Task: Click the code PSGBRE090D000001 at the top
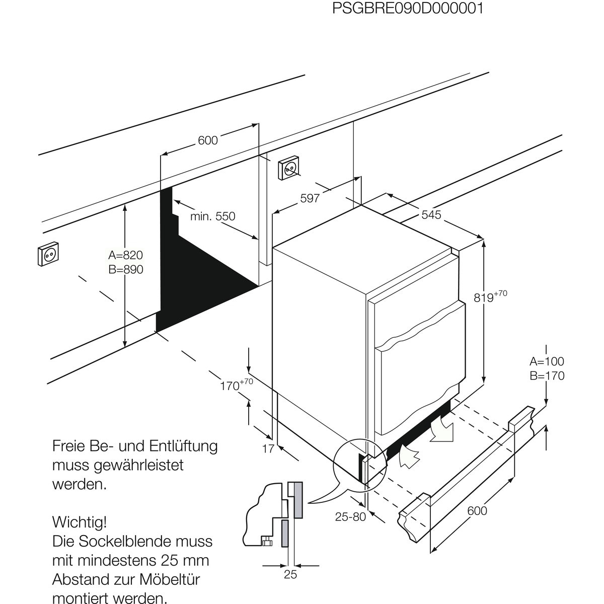coord(408,9)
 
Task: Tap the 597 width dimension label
coord(310,198)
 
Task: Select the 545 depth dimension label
coord(431,215)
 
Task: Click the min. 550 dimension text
coord(212,216)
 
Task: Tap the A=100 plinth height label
coord(547,361)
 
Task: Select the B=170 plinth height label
coord(547,376)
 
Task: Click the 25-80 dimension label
coord(350,517)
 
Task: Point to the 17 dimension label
coord(268,448)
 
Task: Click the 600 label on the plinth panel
coord(477,510)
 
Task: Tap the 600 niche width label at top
coord(207,140)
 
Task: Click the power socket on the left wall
coord(48,255)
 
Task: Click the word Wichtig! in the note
coord(80,519)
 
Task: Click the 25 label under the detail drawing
coord(290,574)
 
